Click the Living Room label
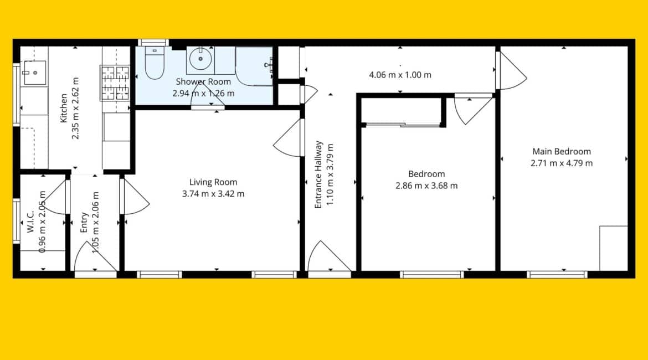click(213, 182)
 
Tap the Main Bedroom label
click(562, 151)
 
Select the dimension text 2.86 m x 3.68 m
click(426, 186)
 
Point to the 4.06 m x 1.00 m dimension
click(400, 75)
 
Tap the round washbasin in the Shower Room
click(201, 59)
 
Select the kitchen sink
click(34, 73)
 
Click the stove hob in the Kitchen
click(115, 83)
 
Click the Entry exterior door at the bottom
click(96, 257)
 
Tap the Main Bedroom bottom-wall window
click(557, 275)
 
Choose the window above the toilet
click(153, 43)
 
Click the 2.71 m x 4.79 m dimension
click(562, 163)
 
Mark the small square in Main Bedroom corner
click(614, 249)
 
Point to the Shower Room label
click(203, 82)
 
